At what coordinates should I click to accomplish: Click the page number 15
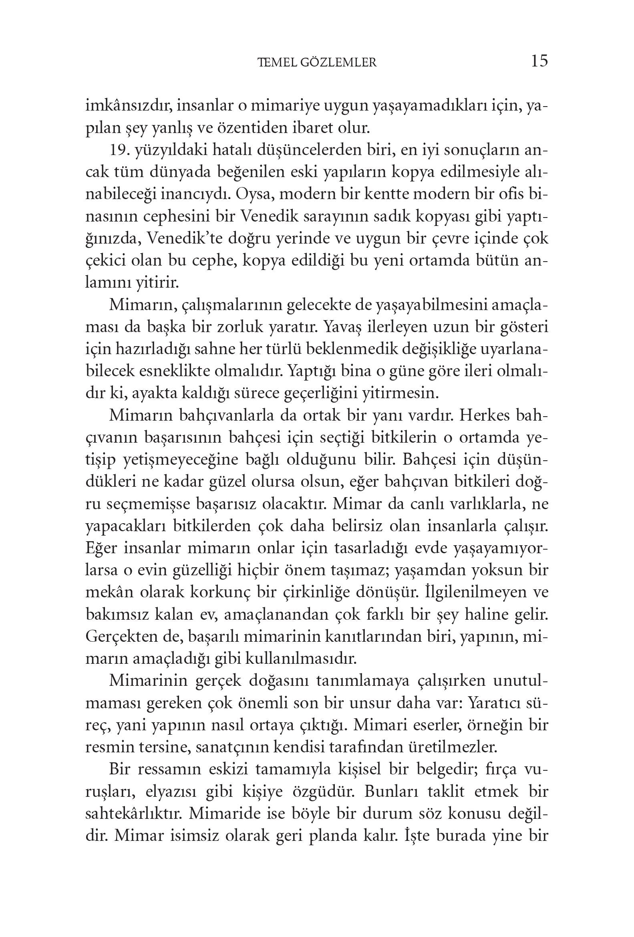click(539, 61)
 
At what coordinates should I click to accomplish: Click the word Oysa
click(254, 195)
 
